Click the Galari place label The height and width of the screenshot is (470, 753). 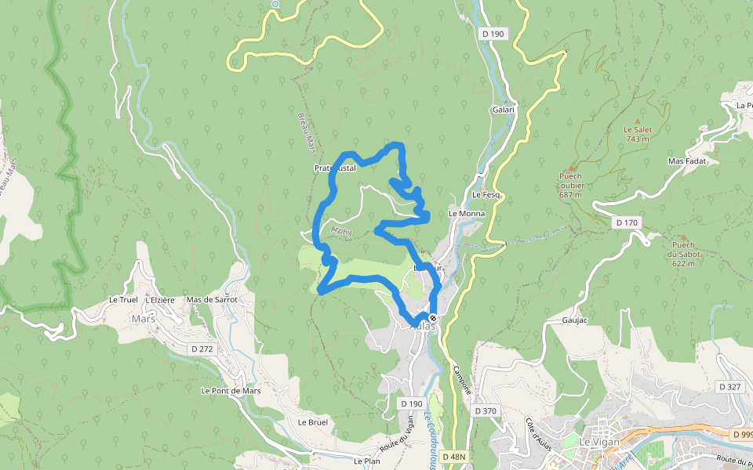pyautogui.click(x=504, y=110)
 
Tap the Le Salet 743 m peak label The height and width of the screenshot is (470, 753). pyautogui.click(x=637, y=134)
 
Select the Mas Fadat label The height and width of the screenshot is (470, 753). pyautogui.click(x=687, y=161)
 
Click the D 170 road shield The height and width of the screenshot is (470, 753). pyautogui.click(x=627, y=223)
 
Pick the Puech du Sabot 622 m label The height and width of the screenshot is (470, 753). pyautogui.click(x=682, y=254)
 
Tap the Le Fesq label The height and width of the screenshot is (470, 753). pyautogui.click(x=486, y=194)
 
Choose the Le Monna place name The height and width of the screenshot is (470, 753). pyautogui.click(x=467, y=213)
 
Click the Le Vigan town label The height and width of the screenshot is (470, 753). pyautogui.click(x=599, y=442)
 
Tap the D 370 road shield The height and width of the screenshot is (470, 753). pyautogui.click(x=486, y=410)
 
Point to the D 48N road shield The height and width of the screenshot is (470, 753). pyautogui.click(x=453, y=457)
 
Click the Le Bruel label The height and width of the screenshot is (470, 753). pyautogui.click(x=312, y=421)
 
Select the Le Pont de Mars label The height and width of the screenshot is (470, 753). pyautogui.click(x=231, y=390)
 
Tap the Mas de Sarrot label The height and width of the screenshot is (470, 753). pyautogui.click(x=212, y=300)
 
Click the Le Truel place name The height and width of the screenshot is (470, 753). pyautogui.click(x=124, y=300)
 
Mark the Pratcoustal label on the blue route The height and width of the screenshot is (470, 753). pyautogui.click(x=335, y=168)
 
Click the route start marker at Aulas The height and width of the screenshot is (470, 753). pyautogui.click(x=433, y=317)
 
